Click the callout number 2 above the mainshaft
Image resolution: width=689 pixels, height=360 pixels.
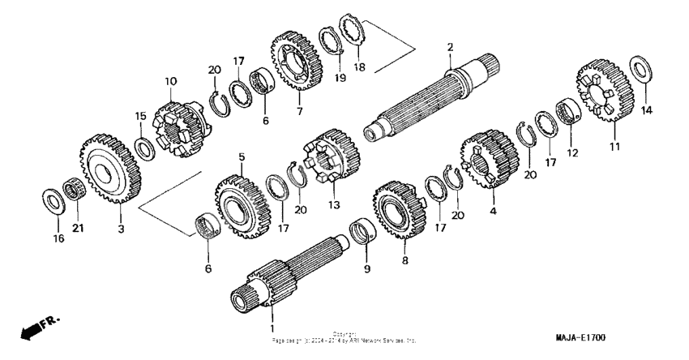tap(449, 48)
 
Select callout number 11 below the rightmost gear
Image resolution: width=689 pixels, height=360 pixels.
tap(614, 147)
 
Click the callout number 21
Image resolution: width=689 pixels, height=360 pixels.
tap(79, 229)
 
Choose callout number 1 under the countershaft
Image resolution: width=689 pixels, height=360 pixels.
tap(272, 328)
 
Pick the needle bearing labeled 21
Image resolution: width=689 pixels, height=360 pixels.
tap(75, 195)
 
